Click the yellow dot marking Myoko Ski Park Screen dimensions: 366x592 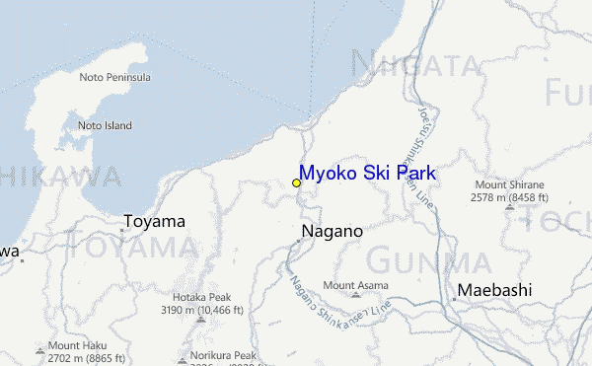coord(296,183)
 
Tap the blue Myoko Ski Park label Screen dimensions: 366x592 coord(367,174)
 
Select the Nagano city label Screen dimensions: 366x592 coord(331,231)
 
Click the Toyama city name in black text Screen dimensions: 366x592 coord(154,221)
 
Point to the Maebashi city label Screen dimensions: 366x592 coord(493,290)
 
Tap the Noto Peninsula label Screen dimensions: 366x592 coord(114,77)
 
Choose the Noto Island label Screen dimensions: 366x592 coord(105,125)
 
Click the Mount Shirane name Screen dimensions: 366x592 coord(509,184)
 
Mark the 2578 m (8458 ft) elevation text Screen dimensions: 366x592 coord(509,197)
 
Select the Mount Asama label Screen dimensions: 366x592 coord(355,285)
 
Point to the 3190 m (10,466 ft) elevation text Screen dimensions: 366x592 coord(201,310)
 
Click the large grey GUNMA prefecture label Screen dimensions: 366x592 coord(428,261)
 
